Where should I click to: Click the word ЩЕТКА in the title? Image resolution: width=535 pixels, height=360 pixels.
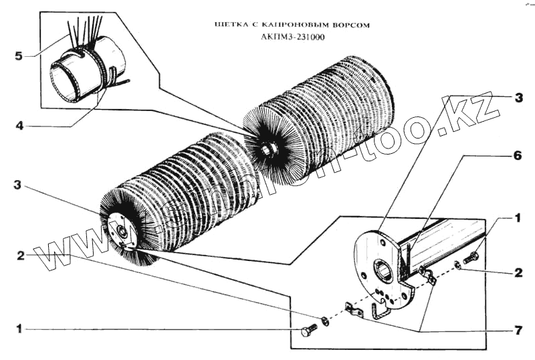pos(228,25)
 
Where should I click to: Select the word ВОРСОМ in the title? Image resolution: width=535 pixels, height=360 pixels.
pos(348,25)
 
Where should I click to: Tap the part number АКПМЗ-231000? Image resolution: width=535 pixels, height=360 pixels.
pos(293,37)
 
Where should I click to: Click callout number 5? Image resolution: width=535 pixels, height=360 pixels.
pos(19,56)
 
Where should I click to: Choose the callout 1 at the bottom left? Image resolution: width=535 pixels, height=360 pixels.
pos(19,329)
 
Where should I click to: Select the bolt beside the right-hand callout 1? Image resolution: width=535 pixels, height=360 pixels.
pos(471,257)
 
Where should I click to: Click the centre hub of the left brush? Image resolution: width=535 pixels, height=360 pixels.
pos(124,231)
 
